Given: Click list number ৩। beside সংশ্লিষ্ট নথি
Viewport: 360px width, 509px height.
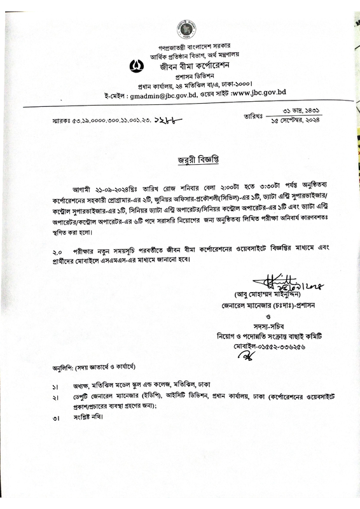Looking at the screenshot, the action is tap(56, 417).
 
